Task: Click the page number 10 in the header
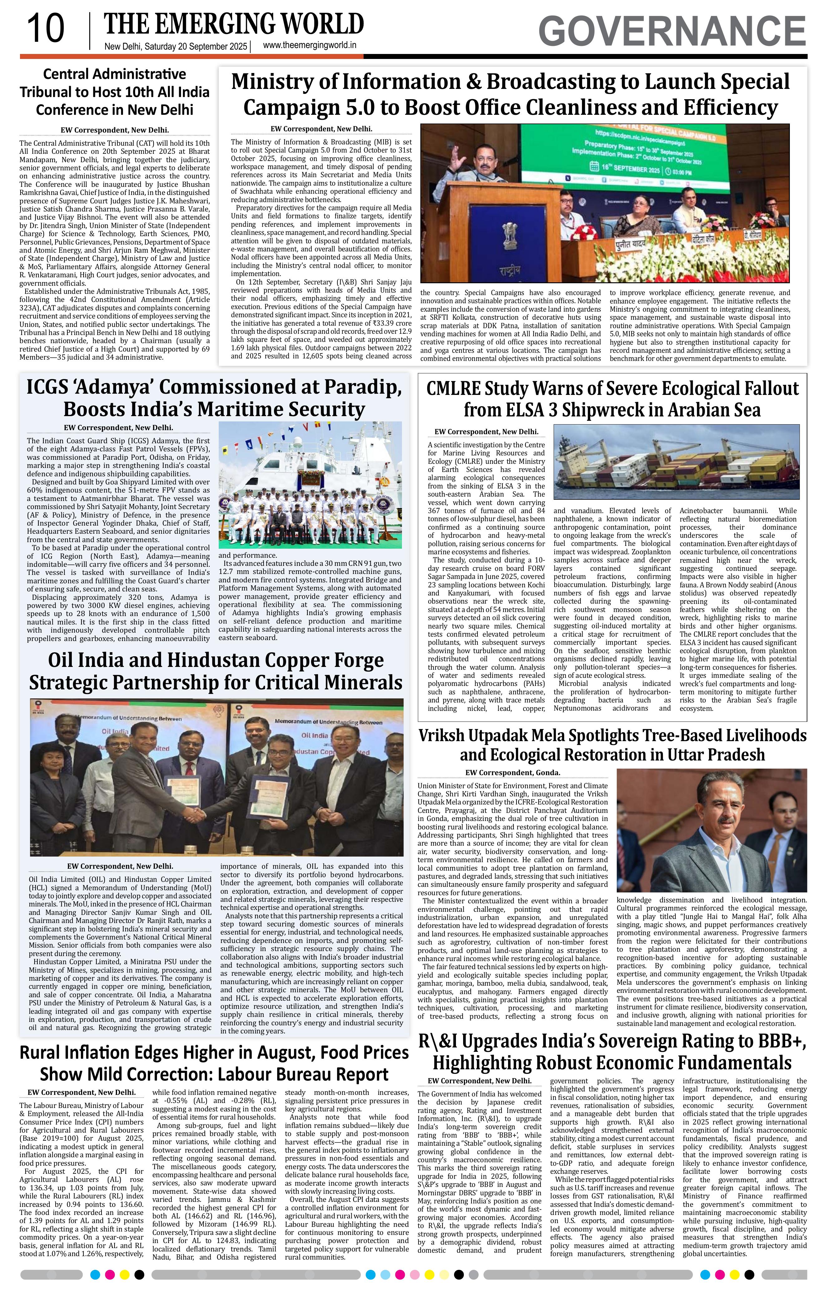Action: click(x=46, y=29)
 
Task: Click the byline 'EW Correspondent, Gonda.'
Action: click(x=512, y=773)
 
